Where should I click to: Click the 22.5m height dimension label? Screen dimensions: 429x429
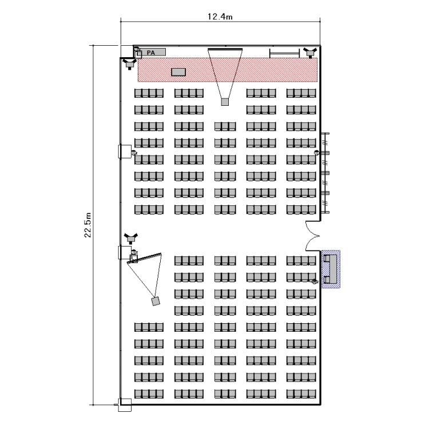pyautogui.click(x=88, y=227)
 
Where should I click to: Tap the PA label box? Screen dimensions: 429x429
pyautogui.click(x=152, y=53)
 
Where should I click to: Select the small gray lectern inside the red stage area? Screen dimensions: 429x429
pyautogui.click(x=178, y=72)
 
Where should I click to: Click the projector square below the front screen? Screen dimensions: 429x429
pyautogui.click(x=225, y=102)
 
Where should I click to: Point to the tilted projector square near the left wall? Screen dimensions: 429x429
pyautogui.click(x=154, y=300)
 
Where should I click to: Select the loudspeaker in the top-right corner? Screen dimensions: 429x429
pyautogui.click(x=309, y=53)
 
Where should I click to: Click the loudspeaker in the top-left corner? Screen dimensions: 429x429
pyautogui.click(x=130, y=58)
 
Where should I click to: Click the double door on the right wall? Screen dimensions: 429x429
pyautogui.click(x=313, y=236)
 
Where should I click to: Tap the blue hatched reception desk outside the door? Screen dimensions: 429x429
pyautogui.click(x=331, y=269)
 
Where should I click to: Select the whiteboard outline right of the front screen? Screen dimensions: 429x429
pyautogui.click(x=285, y=54)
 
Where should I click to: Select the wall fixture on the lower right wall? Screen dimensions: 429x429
pyautogui.click(x=315, y=280)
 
